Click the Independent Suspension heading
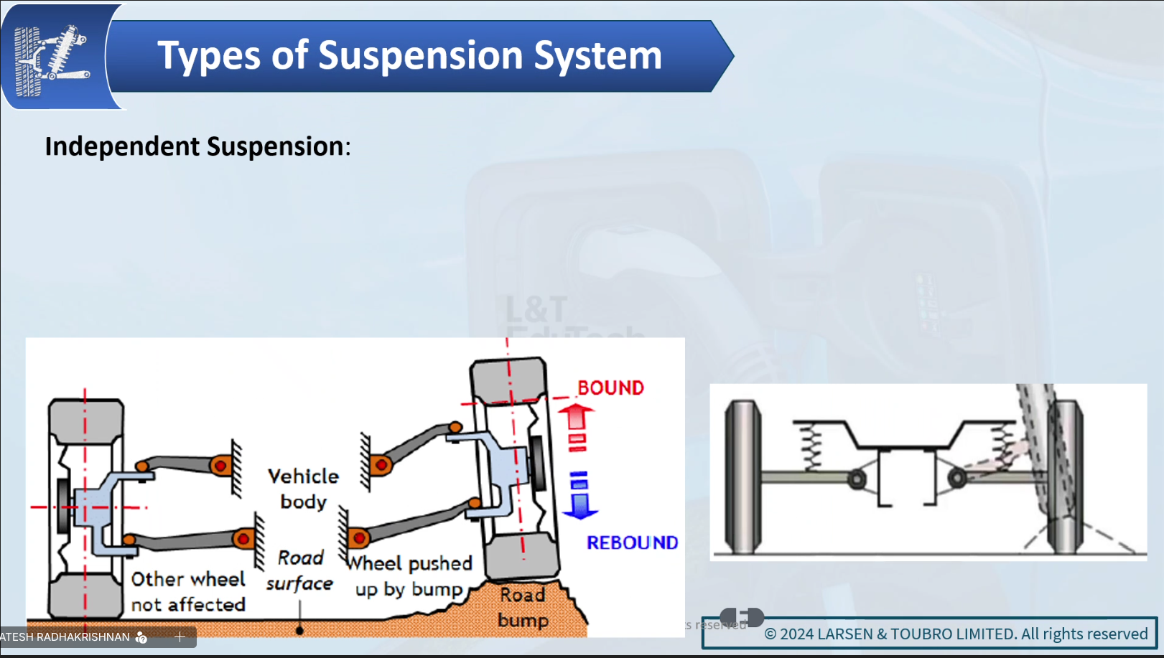point(197,146)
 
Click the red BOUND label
point(610,388)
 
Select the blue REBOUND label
point(632,543)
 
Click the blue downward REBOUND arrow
point(579,495)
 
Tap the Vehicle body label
point(303,489)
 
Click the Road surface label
point(299,571)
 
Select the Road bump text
point(523,607)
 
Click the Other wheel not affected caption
point(188,592)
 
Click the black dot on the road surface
point(299,631)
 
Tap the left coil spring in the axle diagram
point(811,446)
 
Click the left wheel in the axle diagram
point(742,476)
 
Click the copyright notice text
point(956,634)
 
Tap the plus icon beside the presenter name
point(180,636)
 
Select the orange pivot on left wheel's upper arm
point(220,466)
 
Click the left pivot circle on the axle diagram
point(857,479)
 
